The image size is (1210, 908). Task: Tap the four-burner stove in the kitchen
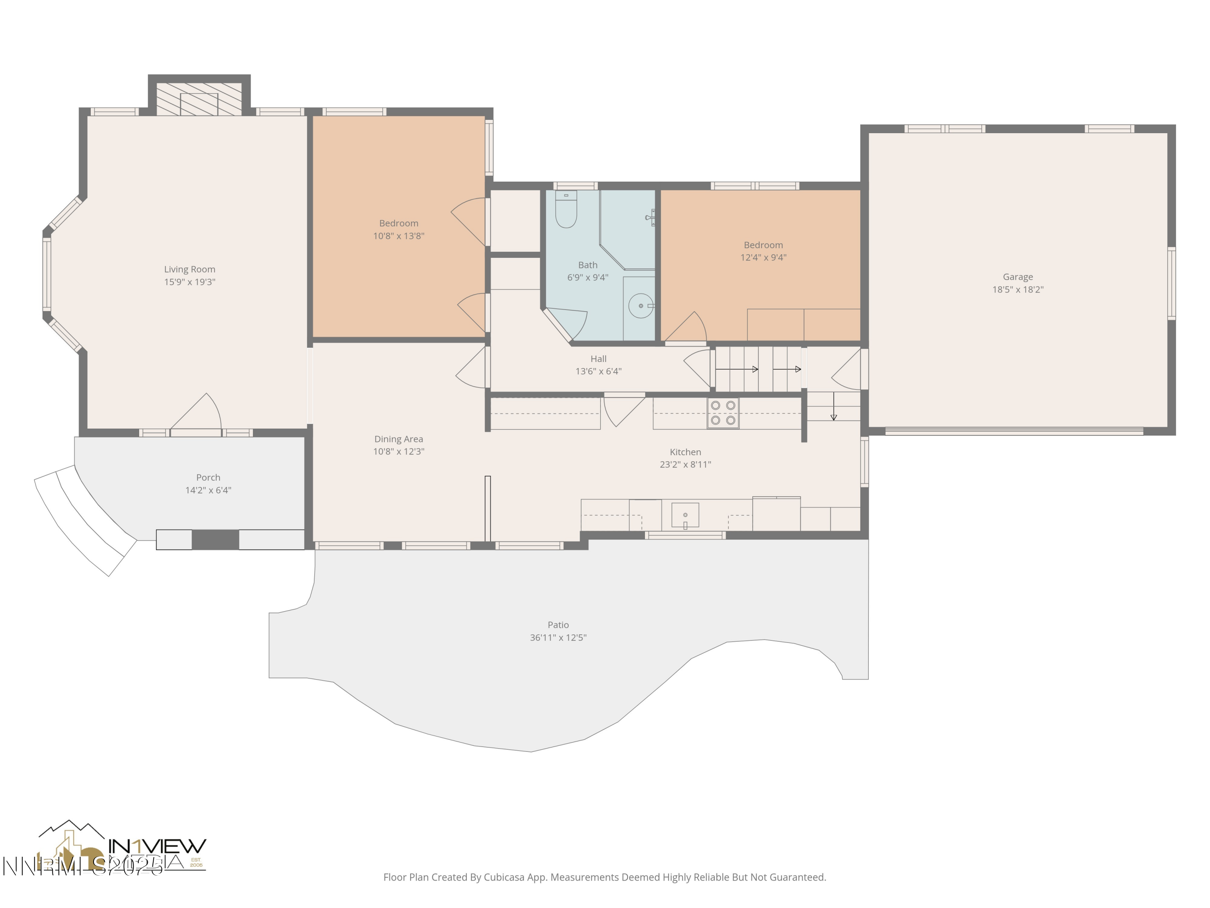723,413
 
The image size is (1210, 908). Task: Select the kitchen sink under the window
685,515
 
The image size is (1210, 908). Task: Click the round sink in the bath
640,306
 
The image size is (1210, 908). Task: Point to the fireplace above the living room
199,100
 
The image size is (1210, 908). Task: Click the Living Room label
190,269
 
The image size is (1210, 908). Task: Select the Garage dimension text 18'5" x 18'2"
1018,289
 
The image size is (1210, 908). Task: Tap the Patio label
558,624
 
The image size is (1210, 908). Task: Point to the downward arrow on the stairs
833,407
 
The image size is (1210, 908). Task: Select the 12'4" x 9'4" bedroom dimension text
763,257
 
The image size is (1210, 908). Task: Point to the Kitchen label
685,452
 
